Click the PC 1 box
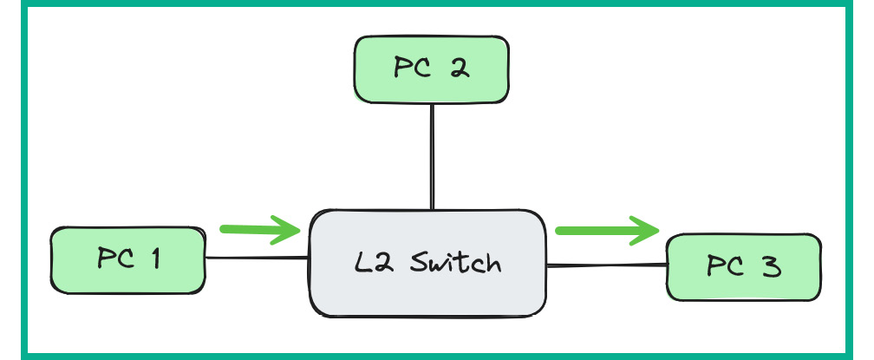(x=128, y=260)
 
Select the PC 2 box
(x=431, y=69)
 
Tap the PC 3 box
(x=743, y=266)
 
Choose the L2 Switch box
(x=429, y=262)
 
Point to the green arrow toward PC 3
(x=605, y=231)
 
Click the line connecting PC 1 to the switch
(x=258, y=258)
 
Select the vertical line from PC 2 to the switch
(x=431, y=156)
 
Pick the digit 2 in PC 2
(x=460, y=69)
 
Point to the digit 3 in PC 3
(x=772, y=266)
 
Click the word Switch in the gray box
(x=453, y=261)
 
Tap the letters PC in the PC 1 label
(x=114, y=259)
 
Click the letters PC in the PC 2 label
(x=412, y=69)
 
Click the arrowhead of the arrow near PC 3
(x=646, y=231)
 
